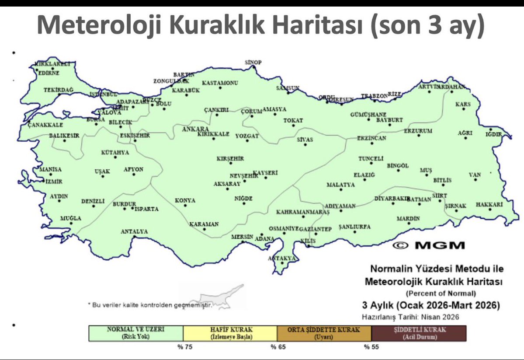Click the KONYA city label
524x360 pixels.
pyautogui.click(x=185, y=200)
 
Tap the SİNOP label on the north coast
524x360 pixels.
pyautogui.click(x=253, y=63)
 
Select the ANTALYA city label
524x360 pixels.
pyautogui.click(x=134, y=231)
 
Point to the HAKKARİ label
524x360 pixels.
pyautogui.click(x=489, y=204)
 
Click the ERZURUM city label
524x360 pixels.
pyautogui.click(x=418, y=131)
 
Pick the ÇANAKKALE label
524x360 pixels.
pyautogui.click(x=43, y=125)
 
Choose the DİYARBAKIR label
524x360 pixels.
pyautogui.click(x=392, y=198)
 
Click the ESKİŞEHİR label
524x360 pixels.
pyautogui.click(x=135, y=136)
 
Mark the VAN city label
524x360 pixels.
pyautogui.click(x=475, y=175)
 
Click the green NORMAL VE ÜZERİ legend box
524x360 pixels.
pyautogui.click(x=136, y=333)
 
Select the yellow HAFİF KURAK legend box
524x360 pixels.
pyautogui.click(x=230, y=333)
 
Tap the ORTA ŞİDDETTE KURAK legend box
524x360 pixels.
pyautogui.click(x=324, y=333)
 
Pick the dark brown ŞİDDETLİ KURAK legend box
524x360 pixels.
pyautogui.click(x=419, y=333)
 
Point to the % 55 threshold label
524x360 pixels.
pyautogui.click(x=370, y=347)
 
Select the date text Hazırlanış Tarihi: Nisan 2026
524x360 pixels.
pyautogui.click(x=410, y=317)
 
